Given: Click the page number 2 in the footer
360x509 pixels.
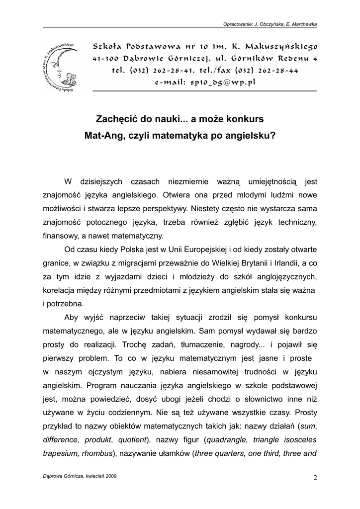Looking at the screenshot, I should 315,478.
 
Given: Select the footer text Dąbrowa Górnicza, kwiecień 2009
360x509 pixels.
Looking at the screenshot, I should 81,476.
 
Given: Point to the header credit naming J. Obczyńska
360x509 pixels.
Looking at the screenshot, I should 270,23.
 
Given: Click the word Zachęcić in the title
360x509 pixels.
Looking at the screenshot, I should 117,120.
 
